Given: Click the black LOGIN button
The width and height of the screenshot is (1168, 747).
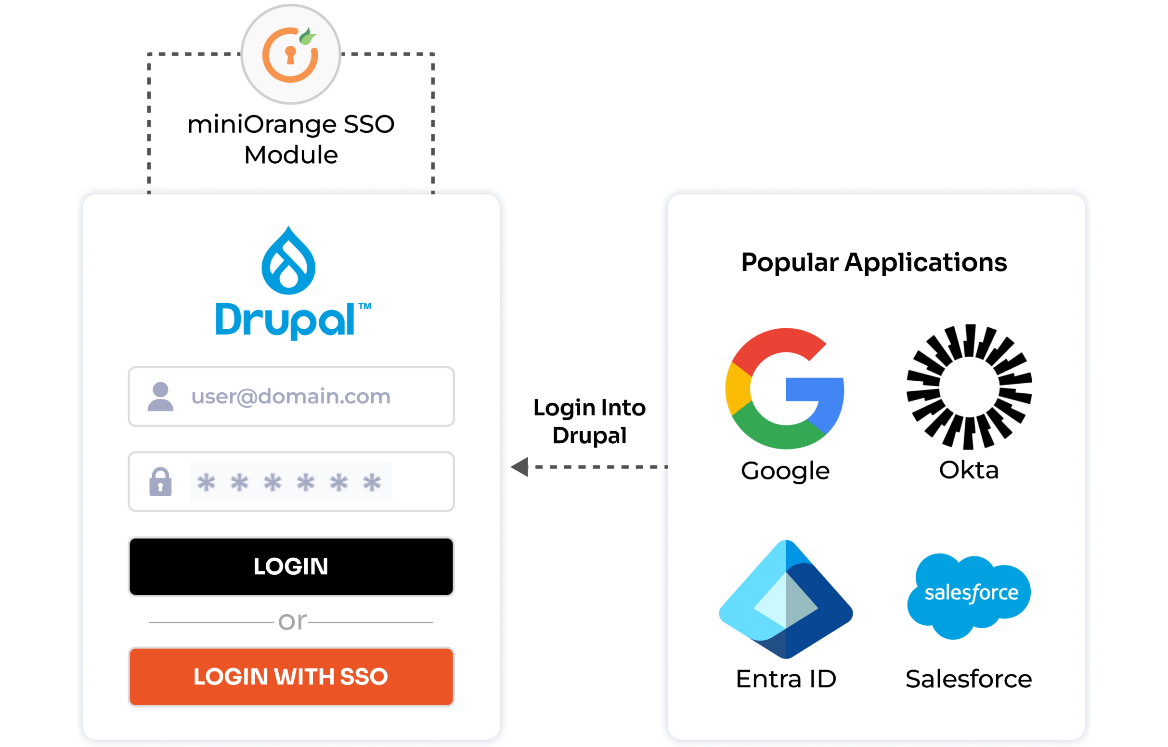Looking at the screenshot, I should tap(291, 566).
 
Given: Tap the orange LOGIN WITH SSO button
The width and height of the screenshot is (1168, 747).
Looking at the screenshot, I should tap(291, 676).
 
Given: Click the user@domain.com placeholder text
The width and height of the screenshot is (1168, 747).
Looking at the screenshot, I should tap(290, 396).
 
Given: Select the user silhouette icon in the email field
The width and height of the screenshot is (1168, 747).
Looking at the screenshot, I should tap(160, 397).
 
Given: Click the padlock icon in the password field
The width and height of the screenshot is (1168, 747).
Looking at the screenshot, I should tap(160, 482).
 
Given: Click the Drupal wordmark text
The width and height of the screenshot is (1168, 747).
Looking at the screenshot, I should tap(285, 320).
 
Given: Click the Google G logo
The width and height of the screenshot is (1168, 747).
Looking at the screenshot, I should tap(785, 388).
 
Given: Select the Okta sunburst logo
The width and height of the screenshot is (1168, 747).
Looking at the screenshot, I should tap(969, 387).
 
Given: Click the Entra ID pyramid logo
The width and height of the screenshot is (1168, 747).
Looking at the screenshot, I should tap(786, 599).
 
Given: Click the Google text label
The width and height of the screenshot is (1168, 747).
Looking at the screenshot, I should tap(785, 471).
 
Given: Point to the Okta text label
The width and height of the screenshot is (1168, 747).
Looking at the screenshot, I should tap(969, 470).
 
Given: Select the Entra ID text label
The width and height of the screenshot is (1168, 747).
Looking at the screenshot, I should tap(786, 679).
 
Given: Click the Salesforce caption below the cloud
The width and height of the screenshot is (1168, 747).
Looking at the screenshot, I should tap(969, 679).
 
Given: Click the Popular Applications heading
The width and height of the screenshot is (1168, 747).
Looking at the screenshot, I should tap(874, 262).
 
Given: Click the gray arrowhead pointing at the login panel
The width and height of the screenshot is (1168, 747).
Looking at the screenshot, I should tap(520, 466).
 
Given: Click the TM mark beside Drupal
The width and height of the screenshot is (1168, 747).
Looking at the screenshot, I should tap(365, 306).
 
